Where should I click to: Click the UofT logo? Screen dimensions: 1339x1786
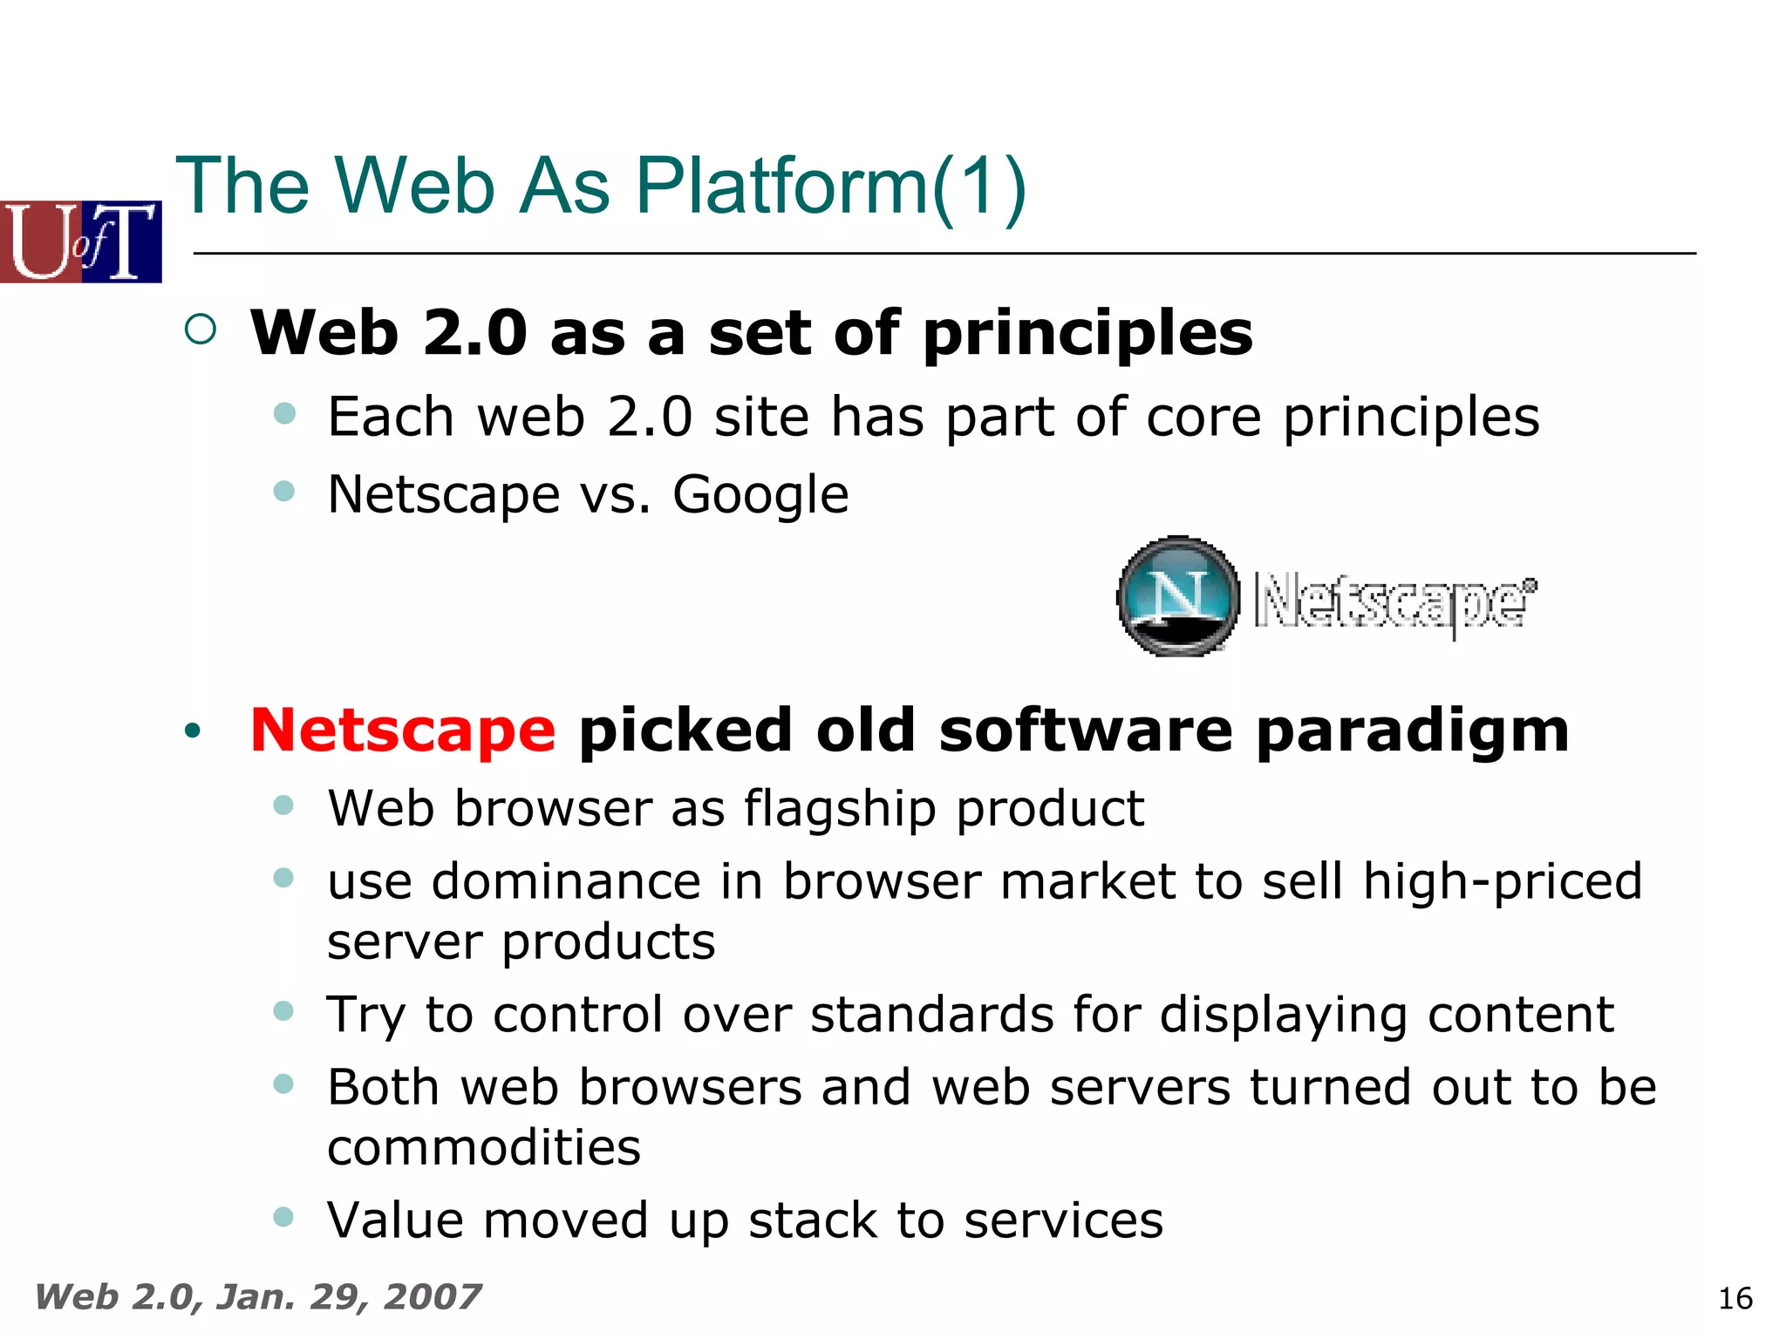(81, 241)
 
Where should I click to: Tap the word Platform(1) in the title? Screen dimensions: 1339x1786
(831, 186)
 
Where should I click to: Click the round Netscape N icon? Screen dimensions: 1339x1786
(1178, 596)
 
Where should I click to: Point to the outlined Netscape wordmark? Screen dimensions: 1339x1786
(1394, 602)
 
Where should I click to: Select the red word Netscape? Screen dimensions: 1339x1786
(402, 730)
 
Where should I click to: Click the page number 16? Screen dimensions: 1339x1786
(1735, 1299)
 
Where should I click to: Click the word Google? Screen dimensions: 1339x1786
(760, 495)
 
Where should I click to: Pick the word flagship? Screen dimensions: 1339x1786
(841, 808)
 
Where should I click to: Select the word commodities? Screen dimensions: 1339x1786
(484, 1147)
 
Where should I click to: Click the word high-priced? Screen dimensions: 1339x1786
(1502, 881)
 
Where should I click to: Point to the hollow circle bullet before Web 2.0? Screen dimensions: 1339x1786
(201, 329)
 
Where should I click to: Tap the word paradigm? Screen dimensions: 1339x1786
(1412, 730)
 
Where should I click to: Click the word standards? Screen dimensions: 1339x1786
(931, 1015)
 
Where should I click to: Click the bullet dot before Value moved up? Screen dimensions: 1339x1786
(283, 1216)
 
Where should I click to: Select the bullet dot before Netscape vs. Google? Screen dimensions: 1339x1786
(284, 491)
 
